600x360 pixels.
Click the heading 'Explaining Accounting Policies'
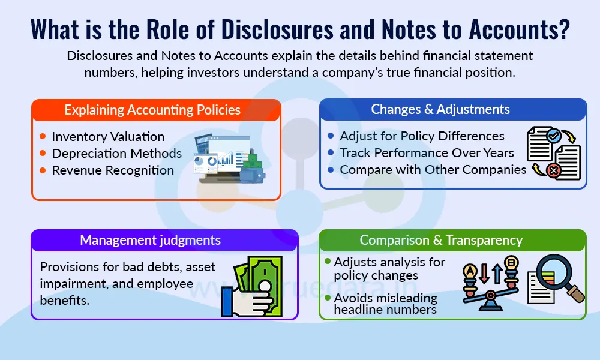[x=152, y=110]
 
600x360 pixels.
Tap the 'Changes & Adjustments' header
[x=440, y=109]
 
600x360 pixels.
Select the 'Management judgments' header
[x=150, y=241]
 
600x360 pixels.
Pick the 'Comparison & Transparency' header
[x=441, y=241]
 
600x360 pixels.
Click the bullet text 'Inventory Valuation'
[x=108, y=137]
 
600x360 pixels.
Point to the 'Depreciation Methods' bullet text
[x=116, y=154]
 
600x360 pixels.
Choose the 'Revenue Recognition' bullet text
[x=113, y=170]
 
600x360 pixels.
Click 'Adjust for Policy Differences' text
[x=422, y=136]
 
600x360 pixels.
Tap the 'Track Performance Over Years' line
[x=427, y=153]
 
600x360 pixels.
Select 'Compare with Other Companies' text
[x=433, y=170]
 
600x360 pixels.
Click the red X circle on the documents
[x=553, y=172]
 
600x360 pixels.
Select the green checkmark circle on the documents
[x=553, y=135]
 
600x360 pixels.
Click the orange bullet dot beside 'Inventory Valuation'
[x=42, y=137]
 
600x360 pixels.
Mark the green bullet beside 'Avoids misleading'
[x=328, y=297]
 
